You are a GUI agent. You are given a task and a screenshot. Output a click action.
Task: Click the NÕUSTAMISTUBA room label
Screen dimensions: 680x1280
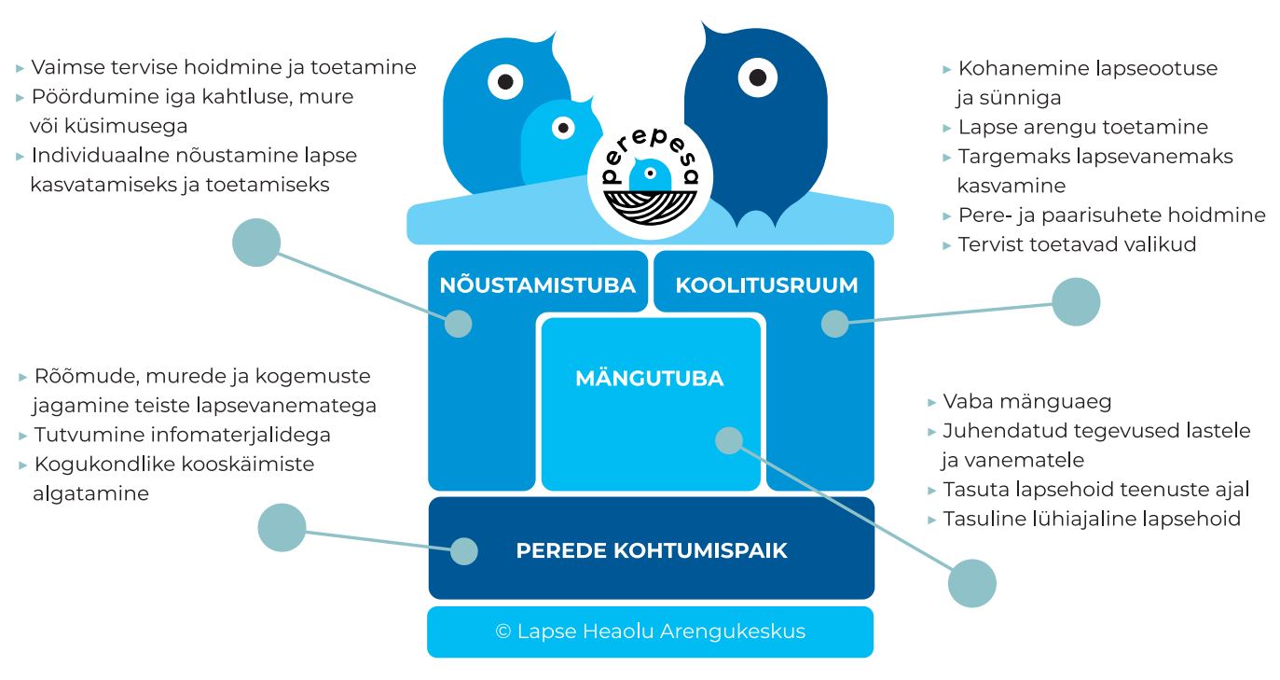pyautogui.click(x=537, y=285)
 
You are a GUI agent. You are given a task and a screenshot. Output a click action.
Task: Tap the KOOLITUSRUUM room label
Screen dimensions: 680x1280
pyautogui.click(x=766, y=285)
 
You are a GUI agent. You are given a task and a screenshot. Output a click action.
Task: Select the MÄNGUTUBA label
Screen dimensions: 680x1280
pyautogui.click(x=649, y=379)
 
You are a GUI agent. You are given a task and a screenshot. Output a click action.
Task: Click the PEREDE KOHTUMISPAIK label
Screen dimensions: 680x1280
pyautogui.click(x=652, y=550)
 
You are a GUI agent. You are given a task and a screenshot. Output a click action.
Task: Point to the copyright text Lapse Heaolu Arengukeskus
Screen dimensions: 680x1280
pyautogui.click(x=650, y=631)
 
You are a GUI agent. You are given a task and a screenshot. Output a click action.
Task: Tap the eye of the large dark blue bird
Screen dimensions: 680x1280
pyautogui.click(x=757, y=77)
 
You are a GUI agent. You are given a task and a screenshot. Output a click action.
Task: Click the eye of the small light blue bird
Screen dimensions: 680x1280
pyautogui.click(x=563, y=128)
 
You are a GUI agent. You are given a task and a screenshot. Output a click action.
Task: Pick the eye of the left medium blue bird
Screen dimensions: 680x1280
pyautogui.click(x=505, y=82)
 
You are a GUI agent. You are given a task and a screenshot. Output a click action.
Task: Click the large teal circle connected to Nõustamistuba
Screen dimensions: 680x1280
pyautogui.click(x=256, y=243)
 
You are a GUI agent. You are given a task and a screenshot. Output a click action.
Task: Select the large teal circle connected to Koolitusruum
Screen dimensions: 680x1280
pyautogui.click(x=1076, y=302)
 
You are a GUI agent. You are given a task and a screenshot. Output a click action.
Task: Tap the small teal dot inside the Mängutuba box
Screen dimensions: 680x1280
pyautogui.click(x=728, y=440)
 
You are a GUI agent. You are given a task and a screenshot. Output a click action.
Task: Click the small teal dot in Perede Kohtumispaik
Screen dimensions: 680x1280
pyautogui.click(x=463, y=550)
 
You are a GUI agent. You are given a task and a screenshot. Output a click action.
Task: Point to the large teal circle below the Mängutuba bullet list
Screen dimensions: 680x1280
pyautogui.click(x=971, y=584)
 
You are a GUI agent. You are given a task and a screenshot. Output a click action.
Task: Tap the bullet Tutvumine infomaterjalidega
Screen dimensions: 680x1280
pyautogui.click(x=182, y=435)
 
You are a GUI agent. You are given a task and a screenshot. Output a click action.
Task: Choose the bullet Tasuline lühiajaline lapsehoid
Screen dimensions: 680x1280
pyautogui.click(x=1091, y=519)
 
